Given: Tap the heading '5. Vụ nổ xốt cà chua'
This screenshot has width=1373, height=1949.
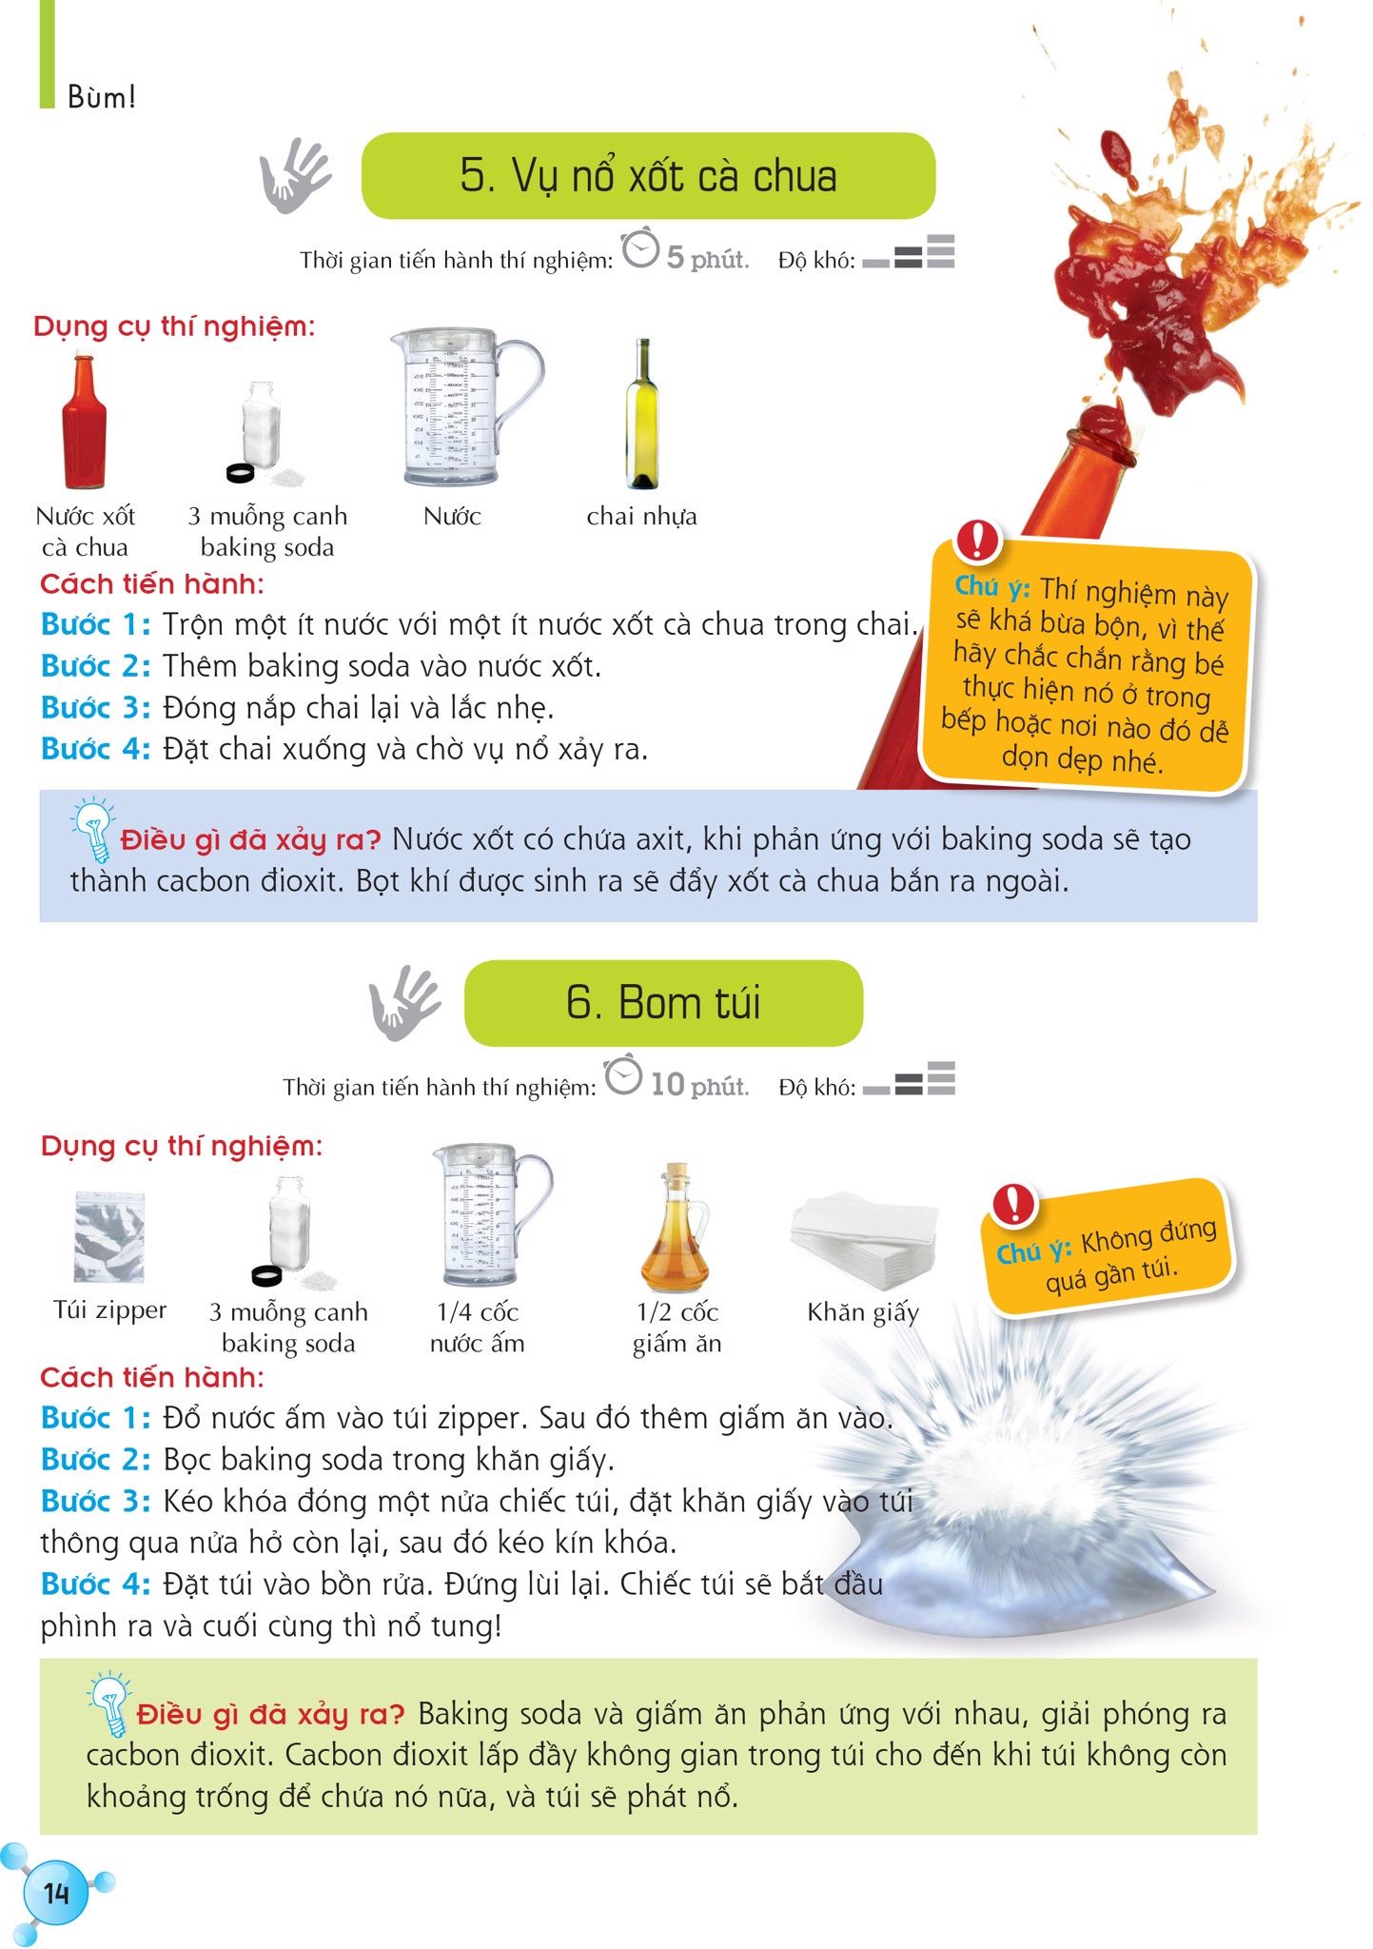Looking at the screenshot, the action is (x=648, y=176).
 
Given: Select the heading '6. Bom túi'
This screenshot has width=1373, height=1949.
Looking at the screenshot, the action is (x=663, y=1003).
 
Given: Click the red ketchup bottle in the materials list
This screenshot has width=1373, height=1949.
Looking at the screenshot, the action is (x=84, y=422).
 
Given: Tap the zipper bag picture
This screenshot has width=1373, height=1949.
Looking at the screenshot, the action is (x=109, y=1237).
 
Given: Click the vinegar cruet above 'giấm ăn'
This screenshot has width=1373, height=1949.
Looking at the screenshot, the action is (x=676, y=1228).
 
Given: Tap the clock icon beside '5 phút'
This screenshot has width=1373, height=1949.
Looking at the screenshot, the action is (x=640, y=248).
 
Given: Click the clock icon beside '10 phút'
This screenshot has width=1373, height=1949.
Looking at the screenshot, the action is (x=623, y=1075).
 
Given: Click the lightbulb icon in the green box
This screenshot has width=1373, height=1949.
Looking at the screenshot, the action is (x=109, y=1703).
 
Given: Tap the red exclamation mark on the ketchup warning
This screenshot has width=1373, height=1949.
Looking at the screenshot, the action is (x=977, y=540).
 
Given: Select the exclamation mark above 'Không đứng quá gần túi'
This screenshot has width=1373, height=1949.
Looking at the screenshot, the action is (x=1013, y=1204).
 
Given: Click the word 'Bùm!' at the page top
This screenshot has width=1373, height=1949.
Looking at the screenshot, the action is (x=102, y=97).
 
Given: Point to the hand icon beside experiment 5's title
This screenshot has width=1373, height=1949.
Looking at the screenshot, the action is (x=295, y=175).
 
